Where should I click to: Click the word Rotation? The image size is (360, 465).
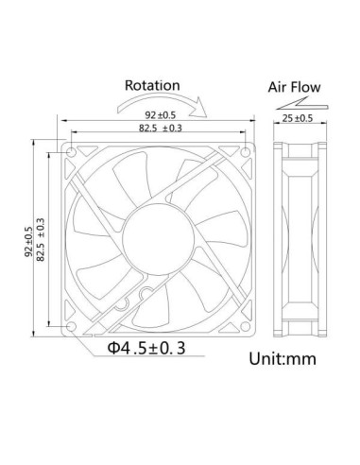point(154,85)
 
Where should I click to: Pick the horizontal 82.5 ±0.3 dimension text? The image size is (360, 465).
point(160,129)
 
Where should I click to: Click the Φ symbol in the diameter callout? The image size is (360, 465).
point(113,349)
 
